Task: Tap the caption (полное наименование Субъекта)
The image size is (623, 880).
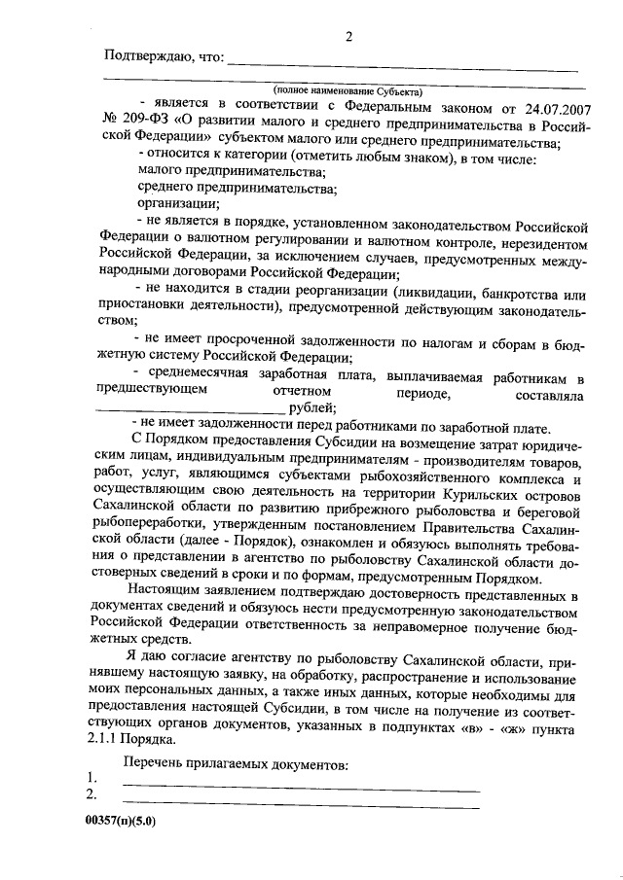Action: [x=340, y=88]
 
